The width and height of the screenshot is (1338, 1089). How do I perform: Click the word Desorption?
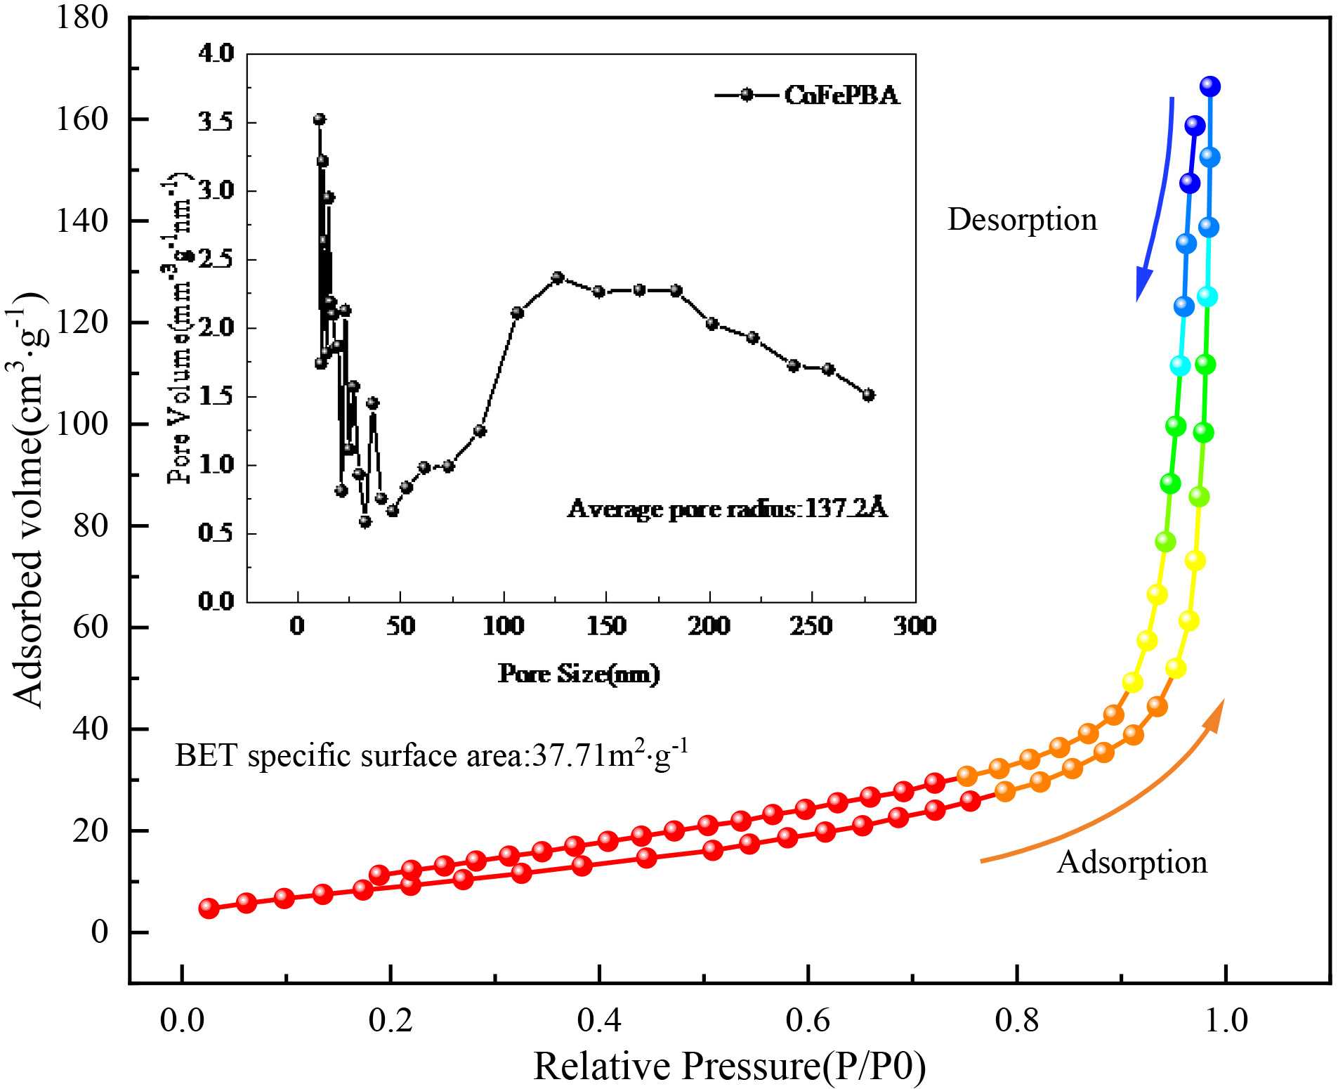[1022, 220]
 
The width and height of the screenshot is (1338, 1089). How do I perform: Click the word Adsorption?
[1132, 862]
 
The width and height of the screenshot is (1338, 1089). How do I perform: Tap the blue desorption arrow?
[1155, 197]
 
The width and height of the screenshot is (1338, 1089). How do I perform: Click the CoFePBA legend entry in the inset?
[841, 95]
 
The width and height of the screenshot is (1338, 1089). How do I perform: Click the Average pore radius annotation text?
[728, 508]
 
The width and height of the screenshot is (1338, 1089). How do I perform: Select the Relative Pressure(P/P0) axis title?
[729, 1065]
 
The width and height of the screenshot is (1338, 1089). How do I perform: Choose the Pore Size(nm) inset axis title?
[579, 674]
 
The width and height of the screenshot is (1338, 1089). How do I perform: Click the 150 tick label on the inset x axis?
[605, 625]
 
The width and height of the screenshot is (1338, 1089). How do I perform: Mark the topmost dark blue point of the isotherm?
[1209, 86]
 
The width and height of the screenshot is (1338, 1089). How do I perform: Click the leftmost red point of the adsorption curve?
[209, 908]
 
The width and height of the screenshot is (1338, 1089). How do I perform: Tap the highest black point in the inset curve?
[319, 119]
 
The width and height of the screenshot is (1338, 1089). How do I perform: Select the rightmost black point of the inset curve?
[868, 395]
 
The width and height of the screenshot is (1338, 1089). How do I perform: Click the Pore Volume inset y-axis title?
[181, 327]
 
